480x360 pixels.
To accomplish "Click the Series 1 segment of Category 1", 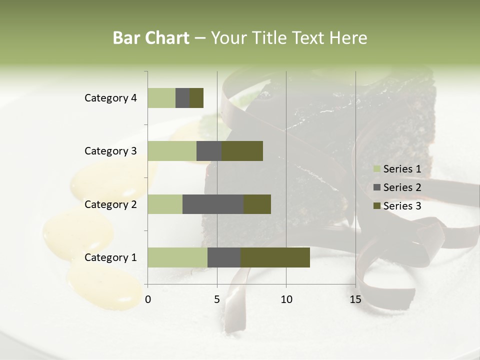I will (177, 257).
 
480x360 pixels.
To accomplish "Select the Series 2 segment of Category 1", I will (224, 257).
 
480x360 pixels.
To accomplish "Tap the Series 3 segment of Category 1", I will (275, 257).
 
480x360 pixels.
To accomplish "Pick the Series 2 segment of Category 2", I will (213, 204).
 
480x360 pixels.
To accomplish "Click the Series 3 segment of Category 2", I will (257, 204).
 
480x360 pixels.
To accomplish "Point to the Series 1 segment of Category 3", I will (172, 151).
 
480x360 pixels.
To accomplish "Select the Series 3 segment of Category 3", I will (242, 151).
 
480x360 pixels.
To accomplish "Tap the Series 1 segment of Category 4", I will (161, 98).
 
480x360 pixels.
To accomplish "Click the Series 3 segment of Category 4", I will (196, 98).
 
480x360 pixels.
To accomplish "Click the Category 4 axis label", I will (110, 98).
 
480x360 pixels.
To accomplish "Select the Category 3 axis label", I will (110, 151).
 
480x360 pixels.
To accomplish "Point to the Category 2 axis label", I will (110, 204).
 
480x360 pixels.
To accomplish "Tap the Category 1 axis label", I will (110, 257).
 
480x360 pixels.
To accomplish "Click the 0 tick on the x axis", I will (148, 299).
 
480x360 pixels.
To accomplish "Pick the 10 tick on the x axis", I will (286, 299).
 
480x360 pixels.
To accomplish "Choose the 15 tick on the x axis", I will (355, 299).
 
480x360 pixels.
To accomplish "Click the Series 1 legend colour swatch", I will (377, 169).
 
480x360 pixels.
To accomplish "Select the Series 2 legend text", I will (402, 187).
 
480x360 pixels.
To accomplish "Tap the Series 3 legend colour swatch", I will (377, 206).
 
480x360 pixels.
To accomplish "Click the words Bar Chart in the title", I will (150, 38).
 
